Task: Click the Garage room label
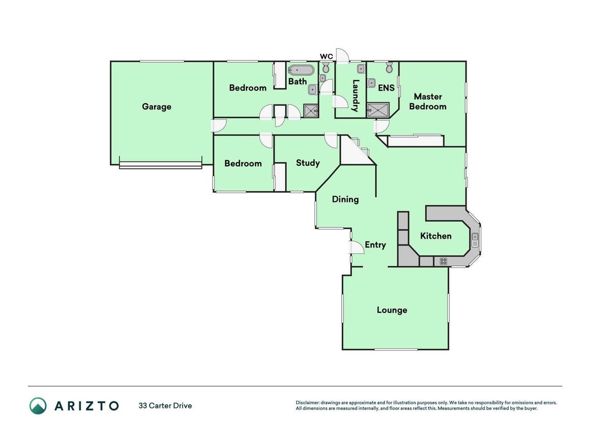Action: coord(156,107)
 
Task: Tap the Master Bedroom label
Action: coord(428,102)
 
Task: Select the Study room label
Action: coord(308,163)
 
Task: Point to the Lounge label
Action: coord(392,310)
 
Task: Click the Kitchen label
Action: coord(436,236)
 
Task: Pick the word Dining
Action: coord(345,199)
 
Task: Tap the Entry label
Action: coord(375,245)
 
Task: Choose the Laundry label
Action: coord(355,95)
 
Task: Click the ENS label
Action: coord(386,88)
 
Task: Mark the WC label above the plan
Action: coord(327,57)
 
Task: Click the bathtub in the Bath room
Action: coord(301,70)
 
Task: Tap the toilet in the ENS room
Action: coord(389,68)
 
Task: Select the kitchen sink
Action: coord(475,240)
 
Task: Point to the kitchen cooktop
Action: coord(443,261)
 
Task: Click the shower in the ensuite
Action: coord(378,110)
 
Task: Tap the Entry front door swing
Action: coord(356,248)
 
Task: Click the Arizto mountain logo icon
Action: coord(38,406)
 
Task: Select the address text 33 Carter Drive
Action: coord(165,406)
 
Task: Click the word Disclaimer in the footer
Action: coord(307,403)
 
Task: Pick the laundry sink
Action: coord(361,69)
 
